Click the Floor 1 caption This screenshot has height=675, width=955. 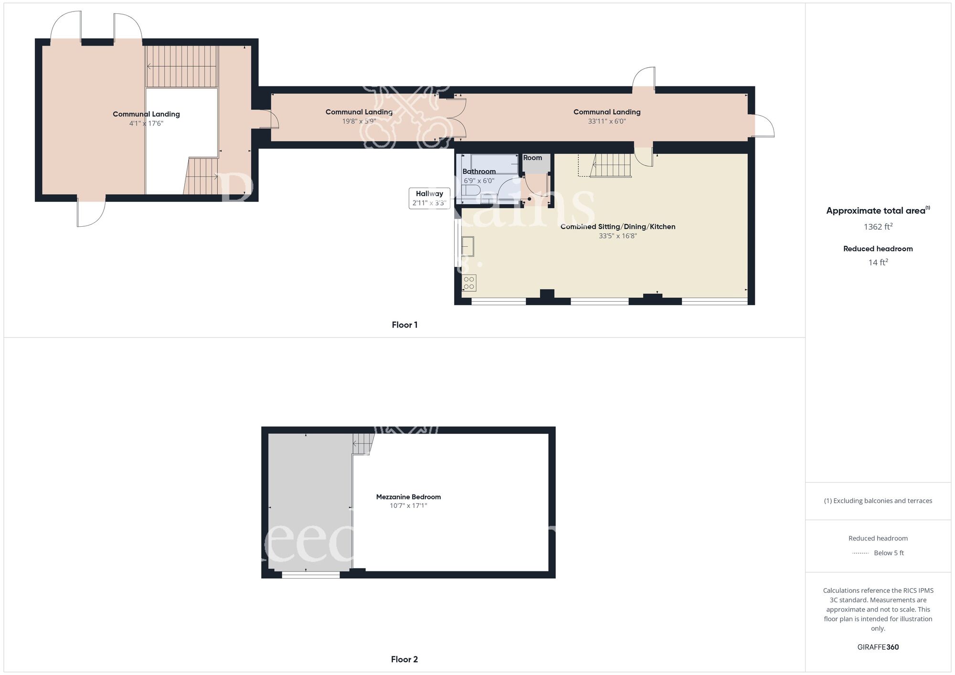(404, 325)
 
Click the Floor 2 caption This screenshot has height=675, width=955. (404, 659)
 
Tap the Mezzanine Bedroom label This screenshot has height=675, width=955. (408, 497)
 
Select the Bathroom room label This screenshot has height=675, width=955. (479, 171)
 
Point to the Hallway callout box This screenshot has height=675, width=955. (429, 198)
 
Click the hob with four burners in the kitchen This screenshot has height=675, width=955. (469, 283)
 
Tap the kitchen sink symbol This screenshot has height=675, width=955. (467, 246)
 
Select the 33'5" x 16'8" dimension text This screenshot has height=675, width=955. (618, 236)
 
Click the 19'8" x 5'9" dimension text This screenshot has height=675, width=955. (359, 121)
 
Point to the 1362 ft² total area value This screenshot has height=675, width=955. (878, 227)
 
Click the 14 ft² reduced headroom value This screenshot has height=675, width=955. (878, 263)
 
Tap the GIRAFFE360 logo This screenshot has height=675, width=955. (878, 647)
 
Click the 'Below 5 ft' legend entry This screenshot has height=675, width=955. (889, 553)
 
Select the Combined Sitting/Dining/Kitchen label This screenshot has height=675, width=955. (618, 227)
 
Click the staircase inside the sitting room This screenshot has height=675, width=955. (611, 165)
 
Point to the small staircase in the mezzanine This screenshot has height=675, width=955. (363, 443)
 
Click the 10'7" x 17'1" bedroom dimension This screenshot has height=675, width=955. (408, 506)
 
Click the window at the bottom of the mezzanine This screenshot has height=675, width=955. (310, 575)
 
